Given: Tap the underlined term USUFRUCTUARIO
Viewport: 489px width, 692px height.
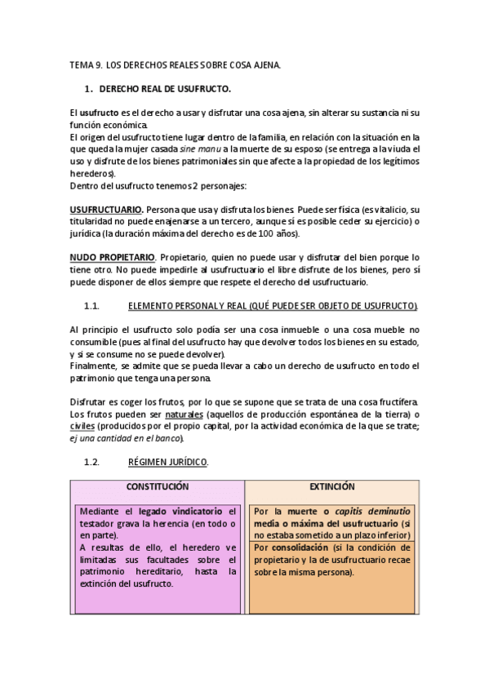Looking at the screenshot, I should [x=107, y=210].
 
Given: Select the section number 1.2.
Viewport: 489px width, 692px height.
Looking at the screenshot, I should [x=91, y=462].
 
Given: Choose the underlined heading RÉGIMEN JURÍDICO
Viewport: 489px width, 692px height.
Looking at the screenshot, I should [x=168, y=462].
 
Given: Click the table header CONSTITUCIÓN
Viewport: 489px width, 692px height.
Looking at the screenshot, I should [x=157, y=486].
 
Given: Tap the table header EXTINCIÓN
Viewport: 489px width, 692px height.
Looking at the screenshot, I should [x=332, y=486].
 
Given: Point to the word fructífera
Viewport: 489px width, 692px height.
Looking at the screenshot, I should [x=396, y=402].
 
